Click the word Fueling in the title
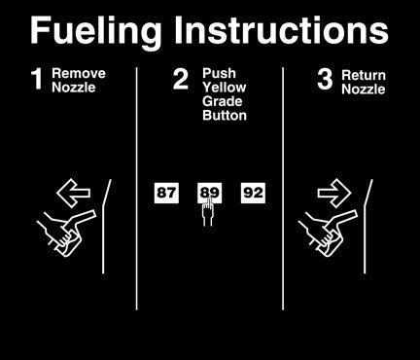tap(95, 32)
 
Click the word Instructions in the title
tap(281, 30)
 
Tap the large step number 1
tap(38, 79)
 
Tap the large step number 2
tap(181, 79)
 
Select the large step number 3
tap(325, 79)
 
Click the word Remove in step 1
tap(79, 73)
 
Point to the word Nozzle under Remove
tap(74, 88)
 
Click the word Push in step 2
tap(219, 73)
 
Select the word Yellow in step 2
tap(225, 88)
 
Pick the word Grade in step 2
tap(223, 101)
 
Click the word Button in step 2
tap(225, 116)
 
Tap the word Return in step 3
tap(364, 75)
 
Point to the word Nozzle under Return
tap(364, 90)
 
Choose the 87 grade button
tap(166, 193)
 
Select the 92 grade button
tap(253, 193)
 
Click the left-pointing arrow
tap(73, 193)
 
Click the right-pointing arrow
tap(334, 193)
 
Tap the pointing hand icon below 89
tap(208, 211)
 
